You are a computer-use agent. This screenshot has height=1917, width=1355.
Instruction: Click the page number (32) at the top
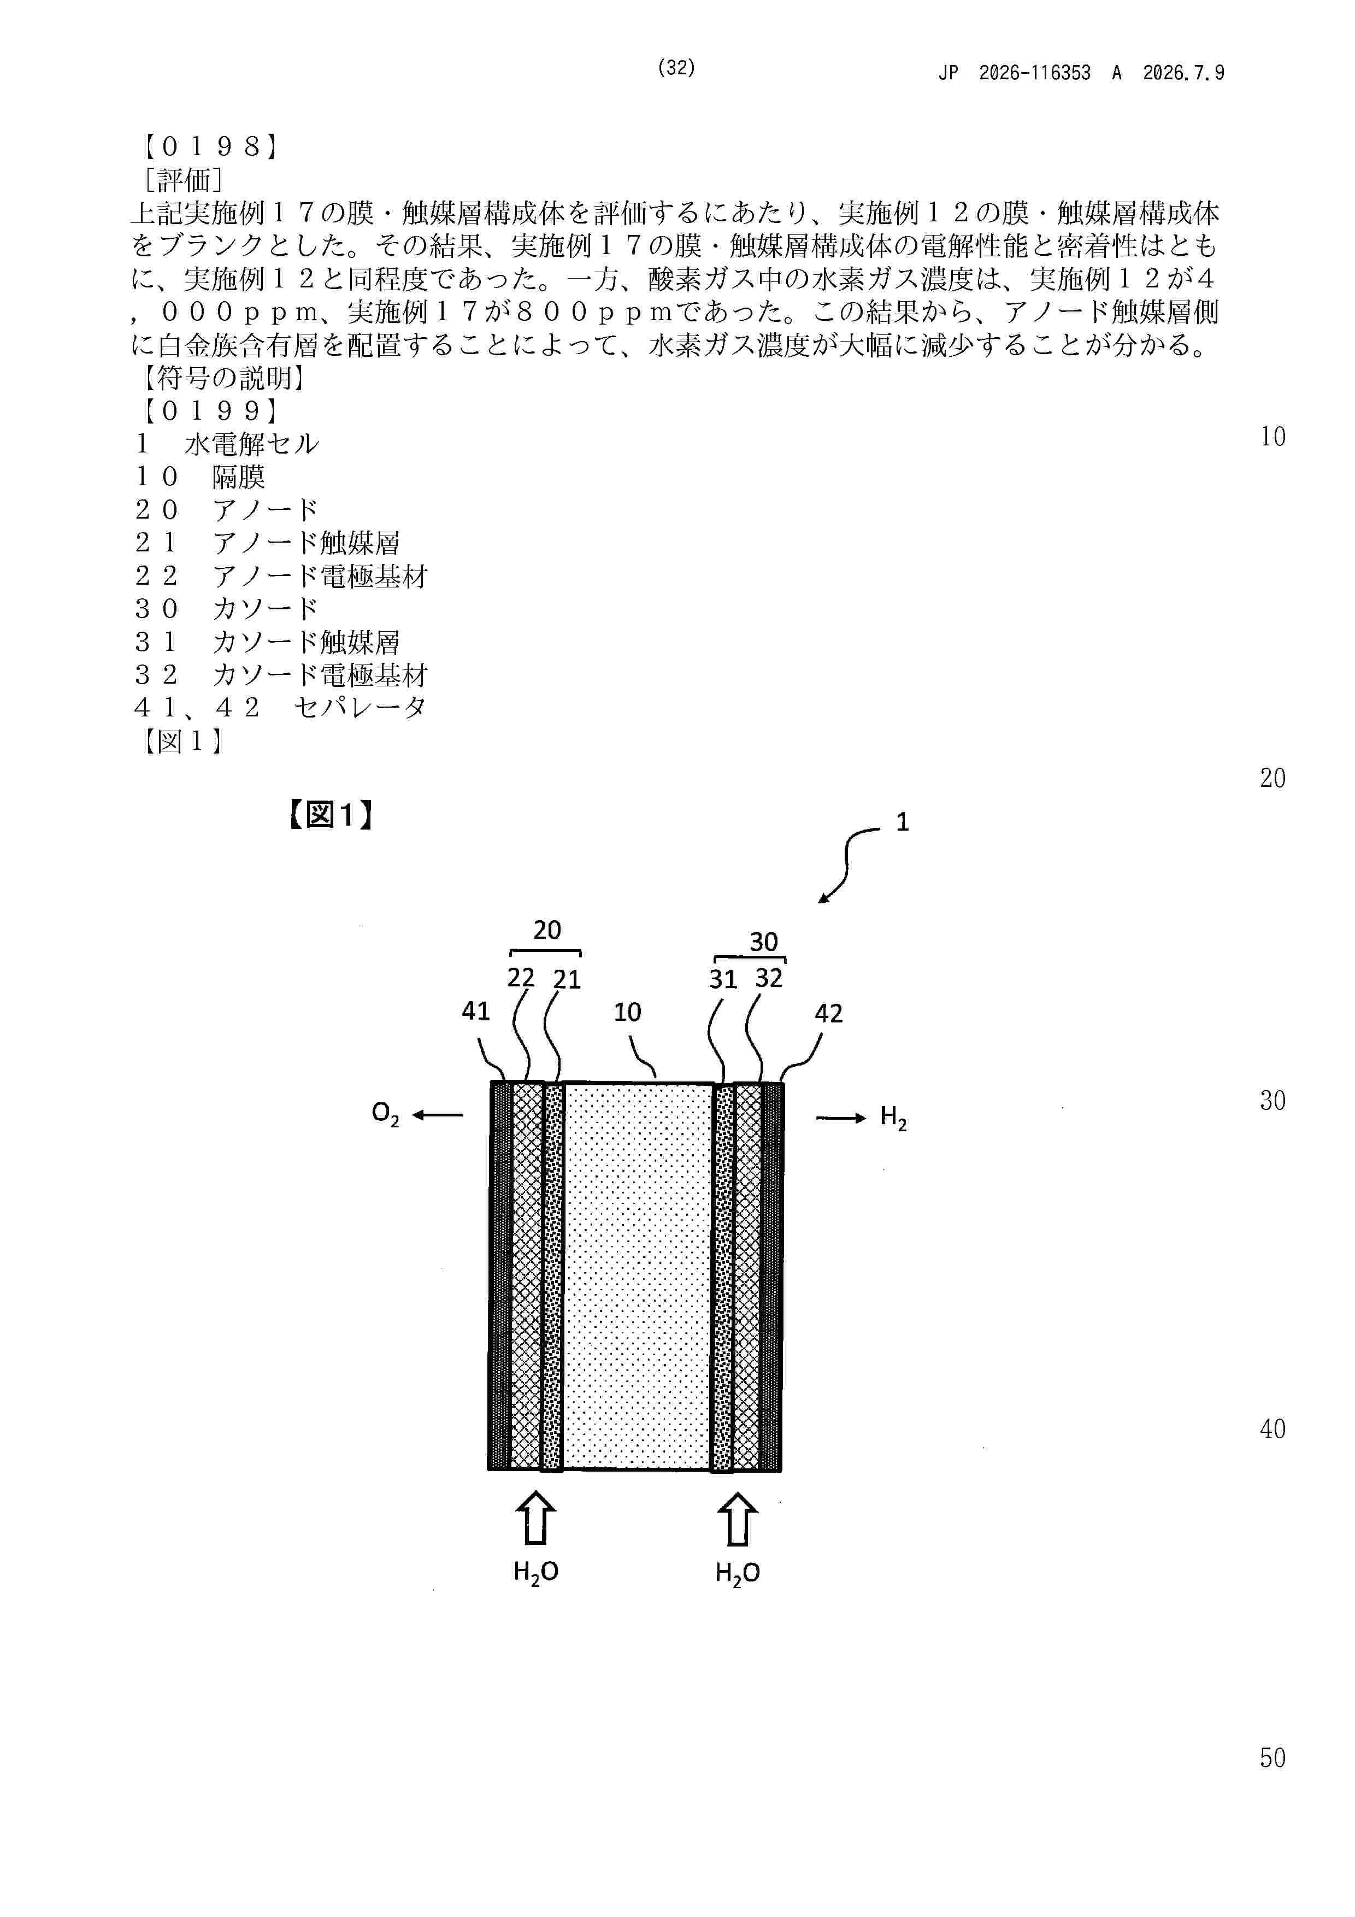tap(676, 68)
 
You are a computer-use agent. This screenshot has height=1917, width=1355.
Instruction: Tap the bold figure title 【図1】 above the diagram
tap(330, 815)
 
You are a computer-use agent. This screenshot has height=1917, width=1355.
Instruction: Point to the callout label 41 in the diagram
tap(476, 1011)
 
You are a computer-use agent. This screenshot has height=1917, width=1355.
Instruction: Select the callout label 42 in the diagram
tap(828, 1014)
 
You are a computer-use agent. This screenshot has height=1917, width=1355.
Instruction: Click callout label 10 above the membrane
tap(627, 1013)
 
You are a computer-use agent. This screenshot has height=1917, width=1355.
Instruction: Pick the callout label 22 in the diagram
tap(521, 978)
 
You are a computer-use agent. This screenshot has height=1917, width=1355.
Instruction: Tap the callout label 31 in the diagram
tap(723, 979)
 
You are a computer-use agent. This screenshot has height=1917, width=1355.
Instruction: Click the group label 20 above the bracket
tap(547, 930)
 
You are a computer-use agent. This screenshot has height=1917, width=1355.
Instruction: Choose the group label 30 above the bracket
tap(764, 942)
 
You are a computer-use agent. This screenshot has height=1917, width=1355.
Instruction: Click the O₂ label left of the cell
tap(385, 1115)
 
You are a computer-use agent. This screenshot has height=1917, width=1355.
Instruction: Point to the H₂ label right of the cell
tap(893, 1118)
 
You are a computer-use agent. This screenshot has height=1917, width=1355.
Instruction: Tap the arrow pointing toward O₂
tap(438, 1115)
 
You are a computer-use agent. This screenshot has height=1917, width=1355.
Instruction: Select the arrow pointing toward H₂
tap(841, 1118)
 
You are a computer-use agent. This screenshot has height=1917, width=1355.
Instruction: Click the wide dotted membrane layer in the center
tap(638, 1276)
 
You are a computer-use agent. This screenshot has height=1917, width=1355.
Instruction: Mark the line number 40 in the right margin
tap(1272, 1430)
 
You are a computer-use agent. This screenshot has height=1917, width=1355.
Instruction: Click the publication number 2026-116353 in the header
tap(1034, 73)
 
